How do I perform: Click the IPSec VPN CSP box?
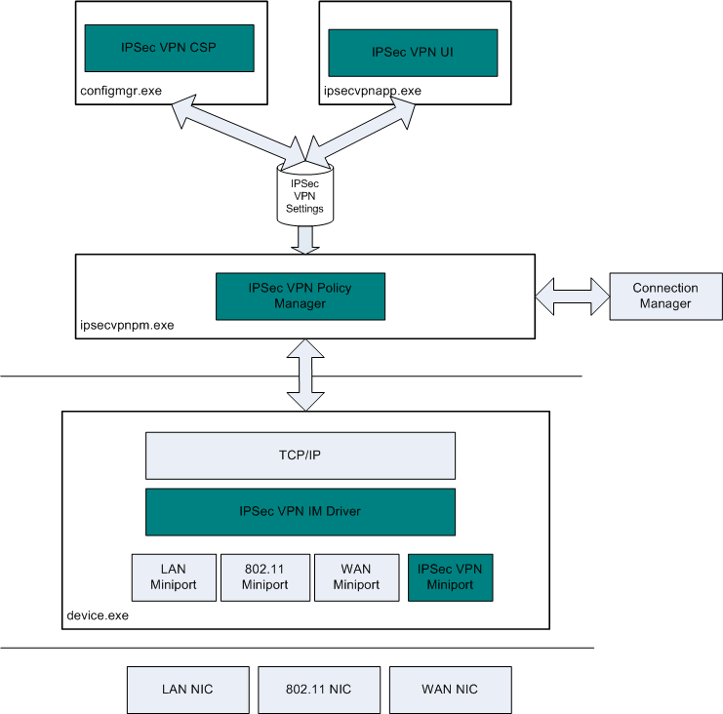[x=169, y=47]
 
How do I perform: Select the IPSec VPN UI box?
[x=413, y=52]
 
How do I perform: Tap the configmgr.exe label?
[x=120, y=91]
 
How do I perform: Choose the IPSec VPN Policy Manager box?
[x=301, y=297]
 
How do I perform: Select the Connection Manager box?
[x=665, y=296]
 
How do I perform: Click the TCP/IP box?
[x=301, y=456]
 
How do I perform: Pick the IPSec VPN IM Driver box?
[x=301, y=510]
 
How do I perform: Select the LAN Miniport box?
[x=174, y=577]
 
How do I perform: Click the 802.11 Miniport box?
[x=264, y=577]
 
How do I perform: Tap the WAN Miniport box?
[x=356, y=577]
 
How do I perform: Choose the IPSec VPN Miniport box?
[x=451, y=577]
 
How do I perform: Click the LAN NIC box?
[x=187, y=690]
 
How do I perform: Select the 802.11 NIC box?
[x=318, y=690]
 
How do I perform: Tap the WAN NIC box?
[x=450, y=690]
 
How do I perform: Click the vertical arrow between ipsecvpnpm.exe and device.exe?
[x=304, y=375]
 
